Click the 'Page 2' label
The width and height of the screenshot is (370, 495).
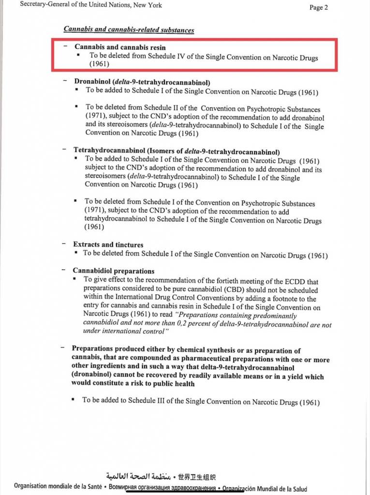tap(319, 7)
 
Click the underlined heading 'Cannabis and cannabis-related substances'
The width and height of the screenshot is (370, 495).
tap(129, 30)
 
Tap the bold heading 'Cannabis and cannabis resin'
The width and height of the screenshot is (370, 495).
tap(119, 47)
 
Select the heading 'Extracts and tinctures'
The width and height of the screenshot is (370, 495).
tap(108, 245)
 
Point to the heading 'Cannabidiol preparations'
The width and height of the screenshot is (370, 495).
tap(114, 271)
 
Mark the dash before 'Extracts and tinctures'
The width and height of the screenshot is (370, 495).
tap(63, 245)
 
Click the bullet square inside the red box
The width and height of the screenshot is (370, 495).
tap(79, 56)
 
